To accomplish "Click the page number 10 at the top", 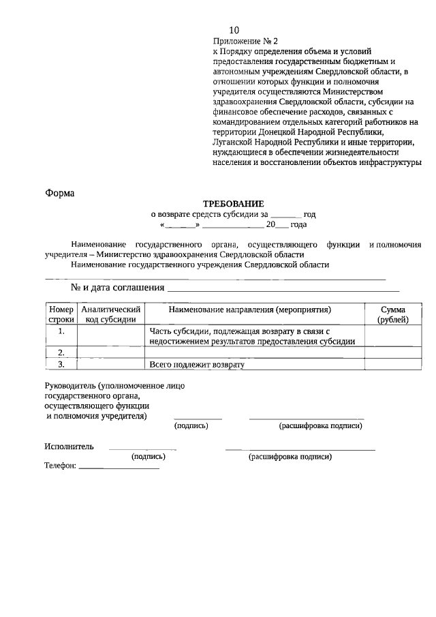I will [x=234, y=31].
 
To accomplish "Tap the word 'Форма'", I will [x=59, y=193].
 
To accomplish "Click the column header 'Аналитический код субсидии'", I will [x=110, y=314].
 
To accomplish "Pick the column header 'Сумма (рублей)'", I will [x=393, y=314].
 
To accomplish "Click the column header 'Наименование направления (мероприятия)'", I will [x=249, y=310].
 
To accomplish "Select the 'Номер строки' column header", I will [x=61, y=314].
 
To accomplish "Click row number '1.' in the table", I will [x=61, y=331].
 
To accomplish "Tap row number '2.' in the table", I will [x=61, y=352].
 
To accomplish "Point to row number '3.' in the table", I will [x=61, y=365].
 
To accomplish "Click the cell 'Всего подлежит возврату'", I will [x=197, y=365].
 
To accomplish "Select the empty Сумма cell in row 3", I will [x=393, y=365].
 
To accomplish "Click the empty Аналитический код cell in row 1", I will [x=110, y=336].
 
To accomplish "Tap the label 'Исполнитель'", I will [x=69, y=447].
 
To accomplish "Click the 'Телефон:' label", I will [x=61, y=468].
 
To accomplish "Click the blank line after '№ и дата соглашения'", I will [x=283, y=289].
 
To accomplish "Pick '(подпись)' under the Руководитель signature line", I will [x=191, y=426].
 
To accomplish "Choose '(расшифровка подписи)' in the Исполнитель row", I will [x=290, y=457].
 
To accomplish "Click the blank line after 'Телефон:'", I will [x=119, y=468].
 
